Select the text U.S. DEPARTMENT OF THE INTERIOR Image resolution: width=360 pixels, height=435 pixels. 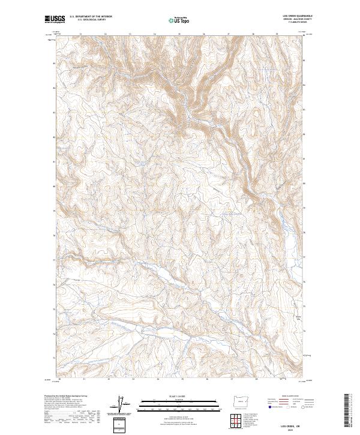(x=91, y=17)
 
